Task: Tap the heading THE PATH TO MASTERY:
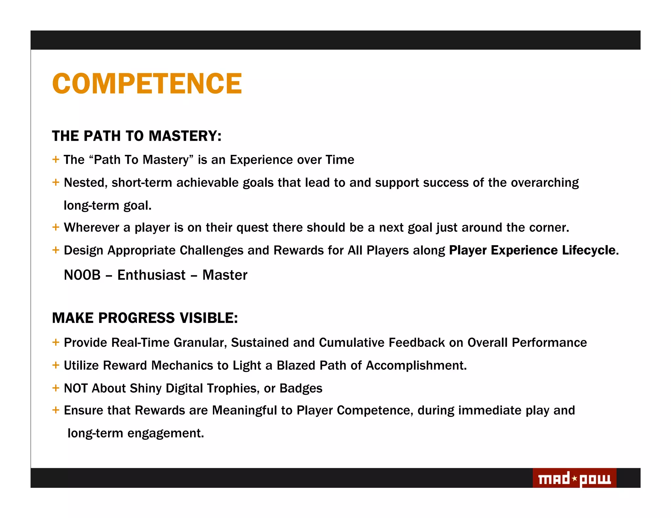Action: coord(137,136)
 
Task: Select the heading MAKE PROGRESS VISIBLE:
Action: coord(145,318)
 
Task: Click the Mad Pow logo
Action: coord(574,478)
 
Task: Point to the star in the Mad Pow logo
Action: coord(574,478)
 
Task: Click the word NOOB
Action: coord(82,275)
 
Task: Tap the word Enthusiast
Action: coord(151,275)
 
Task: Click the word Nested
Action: coord(85,183)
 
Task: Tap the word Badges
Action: coord(301,388)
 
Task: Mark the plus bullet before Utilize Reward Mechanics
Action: coord(56,365)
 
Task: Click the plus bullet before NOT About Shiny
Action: coord(56,388)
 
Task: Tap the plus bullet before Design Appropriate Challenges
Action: coord(56,250)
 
